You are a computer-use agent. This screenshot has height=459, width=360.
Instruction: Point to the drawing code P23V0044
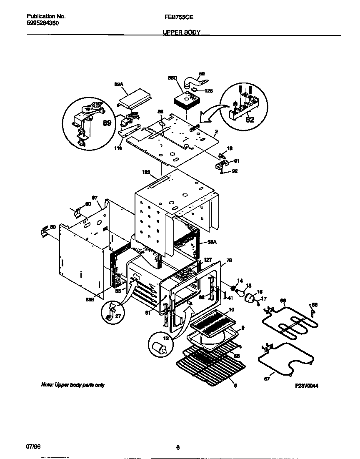(307, 386)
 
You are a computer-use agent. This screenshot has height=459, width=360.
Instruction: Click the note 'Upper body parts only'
(72, 385)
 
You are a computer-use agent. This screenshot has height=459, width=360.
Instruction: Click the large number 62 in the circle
(250, 119)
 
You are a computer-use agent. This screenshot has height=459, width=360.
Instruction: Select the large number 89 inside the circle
(107, 123)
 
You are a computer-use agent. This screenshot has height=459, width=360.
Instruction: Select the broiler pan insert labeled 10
(212, 322)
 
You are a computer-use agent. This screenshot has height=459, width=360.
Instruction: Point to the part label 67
(267, 379)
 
